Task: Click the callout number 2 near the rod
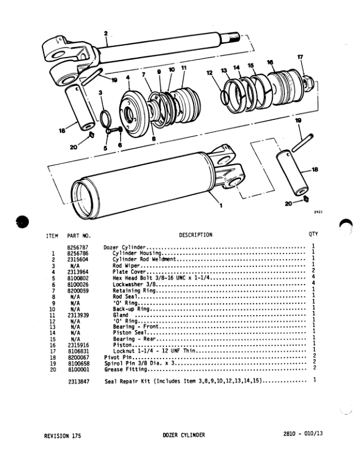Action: click(106, 33)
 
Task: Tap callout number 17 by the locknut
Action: click(300, 57)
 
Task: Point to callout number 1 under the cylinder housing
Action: click(220, 205)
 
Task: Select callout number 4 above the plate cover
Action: click(127, 86)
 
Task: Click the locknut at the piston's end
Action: click(305, 81)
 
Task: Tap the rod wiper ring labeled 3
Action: click(104, 118)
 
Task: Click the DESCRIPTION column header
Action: click(195, 235)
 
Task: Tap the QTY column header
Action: click(313, 235)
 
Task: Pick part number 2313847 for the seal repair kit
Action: click(78, 382)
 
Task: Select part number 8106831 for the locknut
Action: click(78, 352)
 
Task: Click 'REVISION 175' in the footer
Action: click(63, 436)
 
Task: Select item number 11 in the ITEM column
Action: click(53, 315)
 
